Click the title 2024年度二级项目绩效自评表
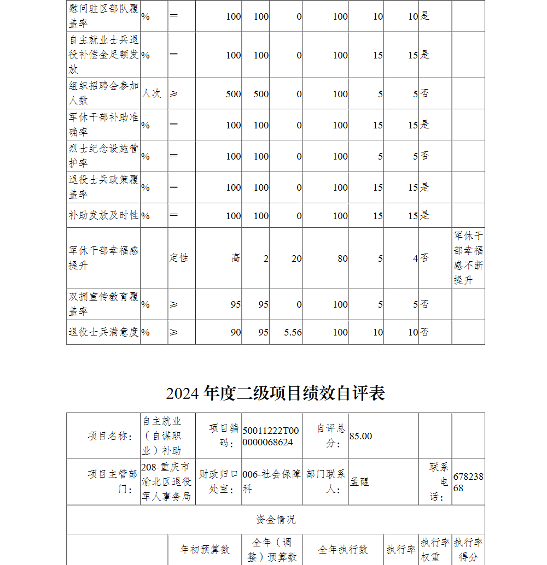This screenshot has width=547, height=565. click(276, 393)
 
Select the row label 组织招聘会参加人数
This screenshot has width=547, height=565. click(103, 93)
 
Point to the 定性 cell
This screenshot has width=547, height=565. click(178, 258)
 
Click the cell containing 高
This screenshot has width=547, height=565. click(235, 258)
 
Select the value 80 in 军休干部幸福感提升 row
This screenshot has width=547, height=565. click(342, 258)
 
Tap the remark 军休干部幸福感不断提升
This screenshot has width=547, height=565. click(468, 258)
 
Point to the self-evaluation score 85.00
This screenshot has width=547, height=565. click(360, 436)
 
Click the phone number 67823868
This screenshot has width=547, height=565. click(468, 482)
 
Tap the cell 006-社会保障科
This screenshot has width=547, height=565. click(271, 482)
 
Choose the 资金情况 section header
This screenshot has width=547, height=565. click(276, 520)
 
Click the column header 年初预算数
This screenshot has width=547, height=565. click(205, 550)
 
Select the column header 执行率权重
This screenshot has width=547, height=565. click(435, 550)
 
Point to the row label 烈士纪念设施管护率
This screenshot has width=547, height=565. click(103, 156)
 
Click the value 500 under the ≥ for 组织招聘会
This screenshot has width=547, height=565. click(233, 94)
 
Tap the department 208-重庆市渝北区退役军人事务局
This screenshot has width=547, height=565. click(166, 482)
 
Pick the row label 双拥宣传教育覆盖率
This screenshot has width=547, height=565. click(103, 304)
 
